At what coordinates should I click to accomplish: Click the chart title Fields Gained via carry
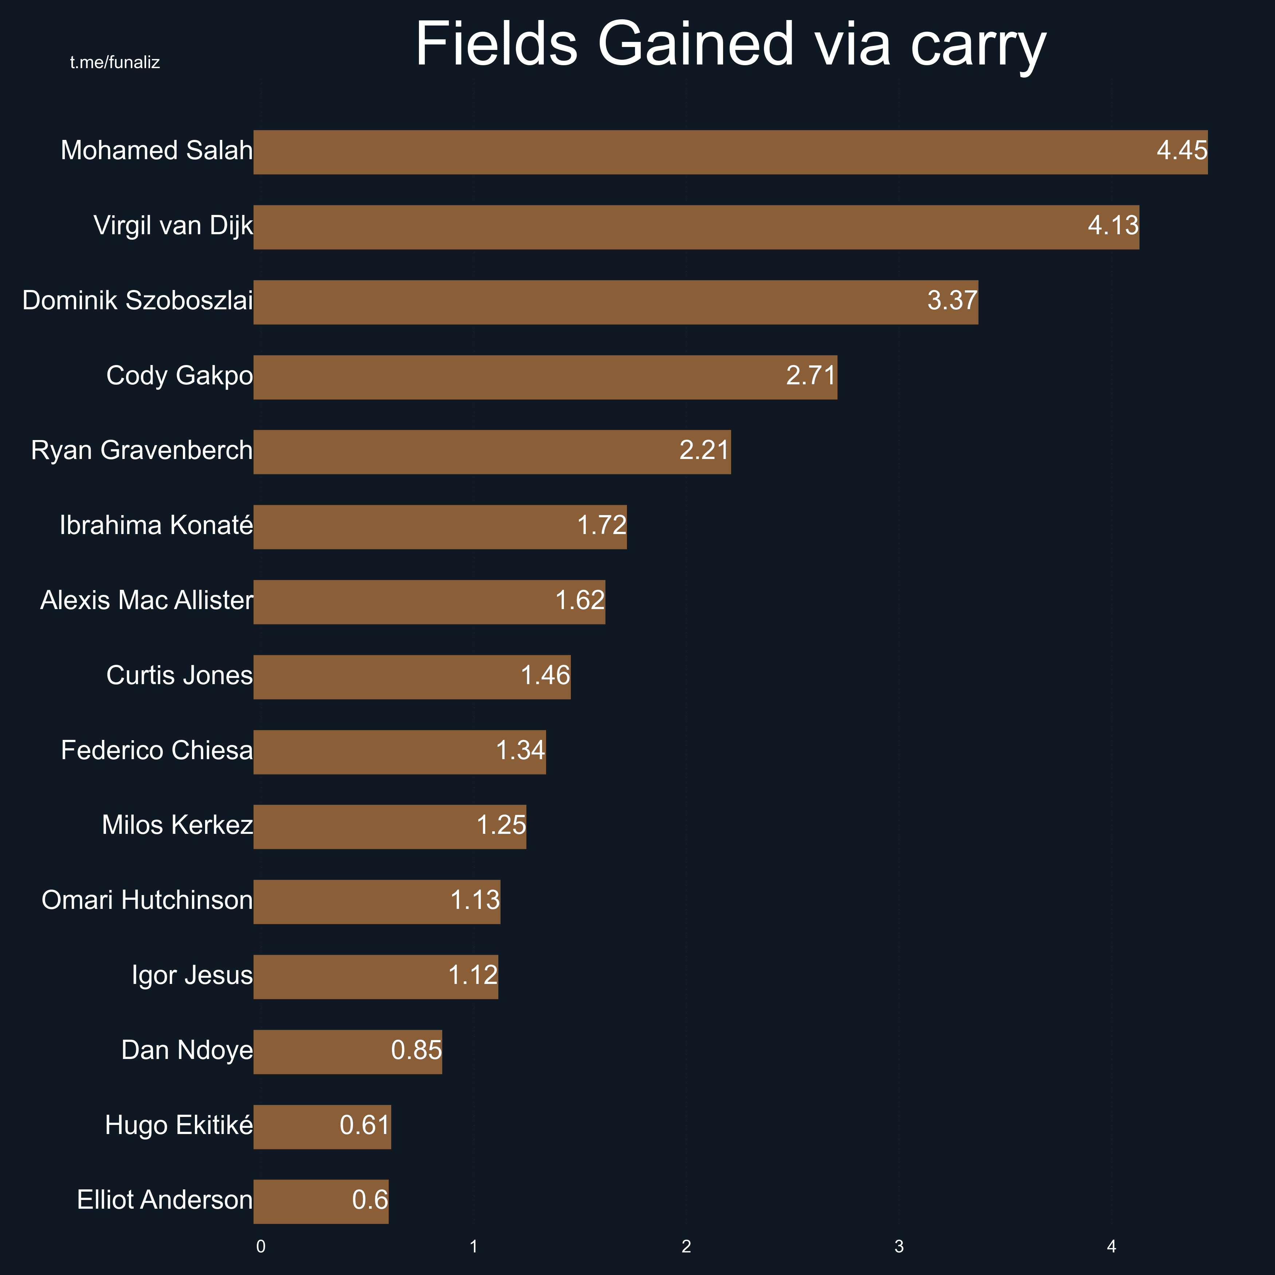[x=730, y=45]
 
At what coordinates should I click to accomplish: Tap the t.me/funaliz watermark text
[x=115, y=63]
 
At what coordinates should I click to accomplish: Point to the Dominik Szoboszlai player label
[x=137, y=301]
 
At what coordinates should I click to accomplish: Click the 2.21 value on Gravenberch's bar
[x=704, y=450]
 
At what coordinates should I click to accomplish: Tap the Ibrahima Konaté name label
[x=156, y=525]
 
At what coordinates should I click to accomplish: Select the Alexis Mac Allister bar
[x=429, y=602]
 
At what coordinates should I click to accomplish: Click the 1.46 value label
[x=545, y=675]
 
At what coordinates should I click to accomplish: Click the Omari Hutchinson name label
[x=146, y=900]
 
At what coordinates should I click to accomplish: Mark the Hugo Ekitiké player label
[x=178, y=1125]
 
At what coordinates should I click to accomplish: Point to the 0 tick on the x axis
[x=261, y=1247]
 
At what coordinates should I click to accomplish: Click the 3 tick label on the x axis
[x=899, y=1247]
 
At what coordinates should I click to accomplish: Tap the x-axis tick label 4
[x=1111, y=1247]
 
